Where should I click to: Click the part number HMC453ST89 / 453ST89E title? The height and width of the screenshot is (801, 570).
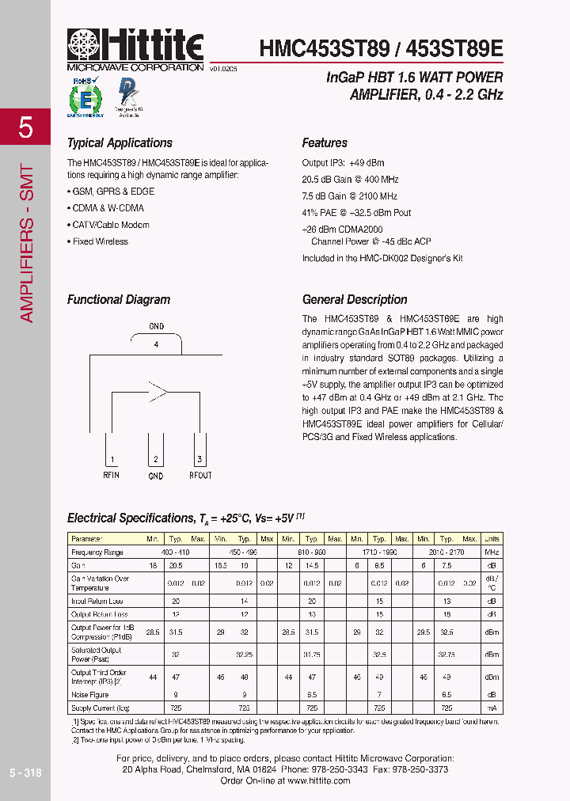(381, 48)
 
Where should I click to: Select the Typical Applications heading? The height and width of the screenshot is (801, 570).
(120, 143)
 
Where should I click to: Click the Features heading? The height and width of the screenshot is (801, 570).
(325, 143)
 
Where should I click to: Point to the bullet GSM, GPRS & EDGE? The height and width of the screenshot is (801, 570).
(112, 192)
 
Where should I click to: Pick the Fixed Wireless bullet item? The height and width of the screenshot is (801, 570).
(100, 241)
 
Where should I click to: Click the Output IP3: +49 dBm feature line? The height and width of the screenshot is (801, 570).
(343, 162)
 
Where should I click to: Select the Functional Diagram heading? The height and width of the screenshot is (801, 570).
(119, 300)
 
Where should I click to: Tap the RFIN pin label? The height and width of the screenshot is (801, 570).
(111, 475)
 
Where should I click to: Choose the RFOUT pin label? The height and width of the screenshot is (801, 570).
(200, 475)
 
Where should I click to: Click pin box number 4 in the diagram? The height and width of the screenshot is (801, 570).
(156, 345)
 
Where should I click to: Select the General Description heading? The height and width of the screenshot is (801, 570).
(355, 300)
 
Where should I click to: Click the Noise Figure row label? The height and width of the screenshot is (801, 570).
(89, 694)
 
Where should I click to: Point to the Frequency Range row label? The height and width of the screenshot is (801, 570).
(97, 552)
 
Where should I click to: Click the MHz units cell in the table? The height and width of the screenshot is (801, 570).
(492, 552)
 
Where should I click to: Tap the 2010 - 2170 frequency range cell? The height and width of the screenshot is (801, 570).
(447, 552)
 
